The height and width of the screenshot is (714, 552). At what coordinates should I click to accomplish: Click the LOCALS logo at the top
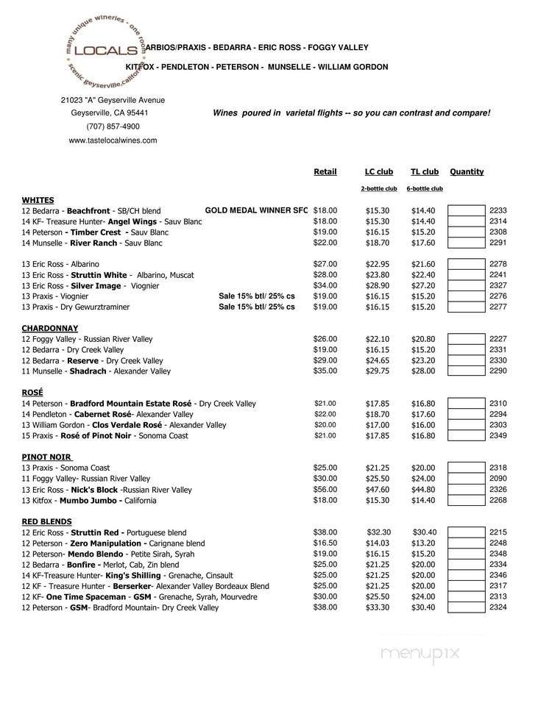point(106,51)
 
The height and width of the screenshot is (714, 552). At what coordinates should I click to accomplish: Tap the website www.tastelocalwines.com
point(113,140)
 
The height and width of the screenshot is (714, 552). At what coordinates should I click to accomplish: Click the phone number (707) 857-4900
point(113,126)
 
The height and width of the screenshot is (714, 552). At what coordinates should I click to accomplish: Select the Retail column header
point(325,172)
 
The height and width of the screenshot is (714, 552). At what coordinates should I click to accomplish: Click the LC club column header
point(379,172)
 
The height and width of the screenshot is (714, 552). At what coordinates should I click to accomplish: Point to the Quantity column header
point(467,172)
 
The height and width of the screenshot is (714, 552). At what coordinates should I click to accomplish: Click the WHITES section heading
point(38,200)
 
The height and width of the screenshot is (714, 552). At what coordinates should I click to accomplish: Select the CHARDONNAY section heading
point(50,328)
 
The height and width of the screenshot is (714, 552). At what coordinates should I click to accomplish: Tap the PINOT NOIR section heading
point(46,457)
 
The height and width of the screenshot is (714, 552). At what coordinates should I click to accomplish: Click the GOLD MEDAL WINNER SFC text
point(256,210)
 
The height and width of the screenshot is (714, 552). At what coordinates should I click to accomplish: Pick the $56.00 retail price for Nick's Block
point(325,489)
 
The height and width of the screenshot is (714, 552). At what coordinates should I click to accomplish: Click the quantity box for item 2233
point(467,210)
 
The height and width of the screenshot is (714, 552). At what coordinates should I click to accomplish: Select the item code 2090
point(498,479)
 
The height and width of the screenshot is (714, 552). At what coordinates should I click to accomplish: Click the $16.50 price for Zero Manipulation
point(325,543)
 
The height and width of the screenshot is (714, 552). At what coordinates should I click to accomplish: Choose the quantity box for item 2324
point(467,607)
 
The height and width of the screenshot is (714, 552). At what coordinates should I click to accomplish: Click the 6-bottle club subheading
point(425,189)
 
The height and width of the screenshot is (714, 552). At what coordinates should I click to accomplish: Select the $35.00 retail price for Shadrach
point(325,371)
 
